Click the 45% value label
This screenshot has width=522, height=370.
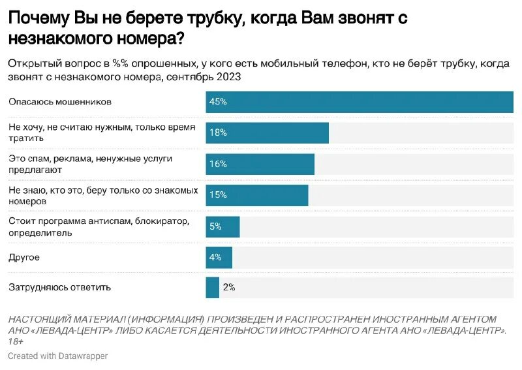tap(217, 102)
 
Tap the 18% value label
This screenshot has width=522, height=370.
tap(217, 132)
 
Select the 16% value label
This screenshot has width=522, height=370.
tap(217, 164)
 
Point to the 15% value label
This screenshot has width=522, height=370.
tap(217, 194)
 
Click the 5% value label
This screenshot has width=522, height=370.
tap(215, 226)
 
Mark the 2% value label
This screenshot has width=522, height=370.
tap(228, 287)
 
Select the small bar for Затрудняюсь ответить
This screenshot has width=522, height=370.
tap(212, 287)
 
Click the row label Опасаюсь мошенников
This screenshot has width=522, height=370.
tap(60, 102)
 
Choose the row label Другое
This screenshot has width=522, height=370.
tap(24, 257)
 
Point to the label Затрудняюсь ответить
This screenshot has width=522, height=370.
tap(59, 287)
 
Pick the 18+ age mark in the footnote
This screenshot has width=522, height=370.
tap(16, 341)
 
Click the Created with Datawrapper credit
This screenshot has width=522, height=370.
tap(57, 356)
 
